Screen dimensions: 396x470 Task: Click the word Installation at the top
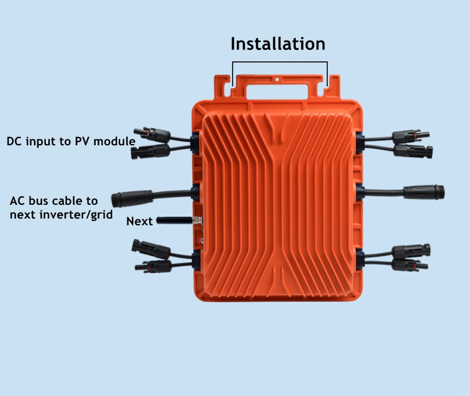click(278, 44)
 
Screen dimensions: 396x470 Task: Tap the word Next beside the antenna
click(139, 222)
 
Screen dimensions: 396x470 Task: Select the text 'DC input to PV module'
click(71, 142)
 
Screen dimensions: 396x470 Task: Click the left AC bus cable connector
click(128, 198)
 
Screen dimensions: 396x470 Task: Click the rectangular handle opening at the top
click(278, 90)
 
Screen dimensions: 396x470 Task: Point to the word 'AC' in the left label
click(19, 200)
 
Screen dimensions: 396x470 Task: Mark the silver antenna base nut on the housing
click(198, 221)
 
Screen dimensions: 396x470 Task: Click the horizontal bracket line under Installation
click(280, 62)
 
